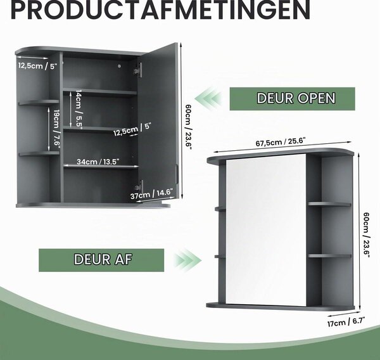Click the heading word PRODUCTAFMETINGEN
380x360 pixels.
[160, 10]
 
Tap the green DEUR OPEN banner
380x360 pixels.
[292, 99]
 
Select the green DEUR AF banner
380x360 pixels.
[101, 260]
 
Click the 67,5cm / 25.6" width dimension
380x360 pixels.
[281, 142]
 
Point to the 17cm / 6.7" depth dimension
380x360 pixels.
[346, 322]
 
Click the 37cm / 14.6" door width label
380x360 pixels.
[152, 194]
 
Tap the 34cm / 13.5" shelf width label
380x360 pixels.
[98, 162]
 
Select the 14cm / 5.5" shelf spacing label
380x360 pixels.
[79, 108]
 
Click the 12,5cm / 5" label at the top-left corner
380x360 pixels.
[37, 65]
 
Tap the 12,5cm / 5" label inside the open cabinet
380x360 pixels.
[132, 129]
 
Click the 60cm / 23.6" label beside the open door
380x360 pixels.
[189, 127]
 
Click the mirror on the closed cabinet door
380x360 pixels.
[266, 229]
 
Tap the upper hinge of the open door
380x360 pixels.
[137, 70]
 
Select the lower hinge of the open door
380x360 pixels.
[139, 187]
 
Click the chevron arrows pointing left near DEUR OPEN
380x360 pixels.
[208, 99]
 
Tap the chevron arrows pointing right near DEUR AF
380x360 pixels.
[187, 260]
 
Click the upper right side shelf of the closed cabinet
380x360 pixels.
[329, 204]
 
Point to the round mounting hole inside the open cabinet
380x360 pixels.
[119, 66]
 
